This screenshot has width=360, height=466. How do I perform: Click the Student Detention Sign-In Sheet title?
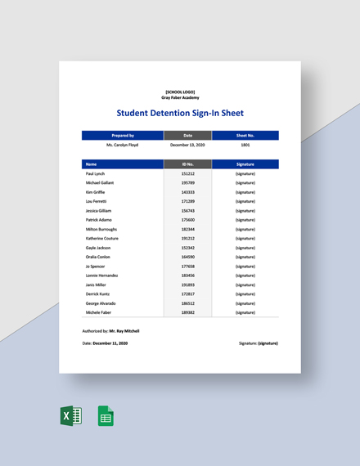pyautogui.click(x=180, y=113)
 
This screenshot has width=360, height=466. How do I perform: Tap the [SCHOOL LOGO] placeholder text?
pyautogui.click(x=180, y=92)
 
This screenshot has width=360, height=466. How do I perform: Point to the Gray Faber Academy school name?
pyautogui.click(x=180, y=97)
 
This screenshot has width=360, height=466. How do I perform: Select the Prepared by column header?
pyautogui.click(x=123, y=135)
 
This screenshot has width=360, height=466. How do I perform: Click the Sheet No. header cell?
pyautogui.click(x=245, y=135)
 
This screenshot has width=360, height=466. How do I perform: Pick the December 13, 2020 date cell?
pyautogui.click(x=188, y=145)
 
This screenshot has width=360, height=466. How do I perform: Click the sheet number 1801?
pyautogui.click(x=245, y=145)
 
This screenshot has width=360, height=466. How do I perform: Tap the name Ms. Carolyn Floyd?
pyautogui.click(x=123, y=145)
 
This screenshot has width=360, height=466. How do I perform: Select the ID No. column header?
pyautogui.click(x=188, y=164)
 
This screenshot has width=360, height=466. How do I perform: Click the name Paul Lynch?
pyautogui.click(x=95, y=174)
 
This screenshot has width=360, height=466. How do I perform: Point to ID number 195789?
pyautogui.click(x=188, y=183)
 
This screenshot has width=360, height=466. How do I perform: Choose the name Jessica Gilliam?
pyautogui.click(x=99, y=211)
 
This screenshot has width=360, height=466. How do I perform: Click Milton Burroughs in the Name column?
pyautogui.click(x=101, y=229)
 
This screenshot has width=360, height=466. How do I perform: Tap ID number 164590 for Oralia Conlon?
pyautogui.click(x=188, y=257)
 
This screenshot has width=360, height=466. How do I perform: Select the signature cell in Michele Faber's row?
pyautogui.click(x=245, y=312)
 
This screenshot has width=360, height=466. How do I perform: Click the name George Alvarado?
pyautogui.click(x=101, y=302)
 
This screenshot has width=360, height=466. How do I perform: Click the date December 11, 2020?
pyautogui.click(x=112, y=343)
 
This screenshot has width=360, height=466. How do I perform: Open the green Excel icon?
pyautogui.click(x=71, y=416)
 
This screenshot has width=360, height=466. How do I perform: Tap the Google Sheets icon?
pyautogui.click(x=106, y=416)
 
